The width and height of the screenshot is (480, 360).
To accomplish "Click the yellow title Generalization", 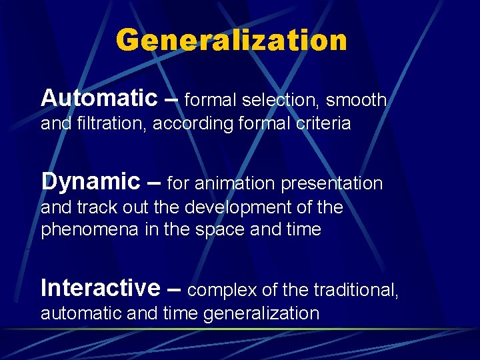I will pos(231,40).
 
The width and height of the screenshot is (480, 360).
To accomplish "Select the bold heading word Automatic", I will pos(98,98).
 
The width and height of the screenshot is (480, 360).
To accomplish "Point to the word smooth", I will pos(356,101).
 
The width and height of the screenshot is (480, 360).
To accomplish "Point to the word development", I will pos(242,207).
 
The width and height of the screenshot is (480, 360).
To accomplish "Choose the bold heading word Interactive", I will pos(100,287).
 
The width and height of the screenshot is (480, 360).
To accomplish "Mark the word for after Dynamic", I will pos(177,183).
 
